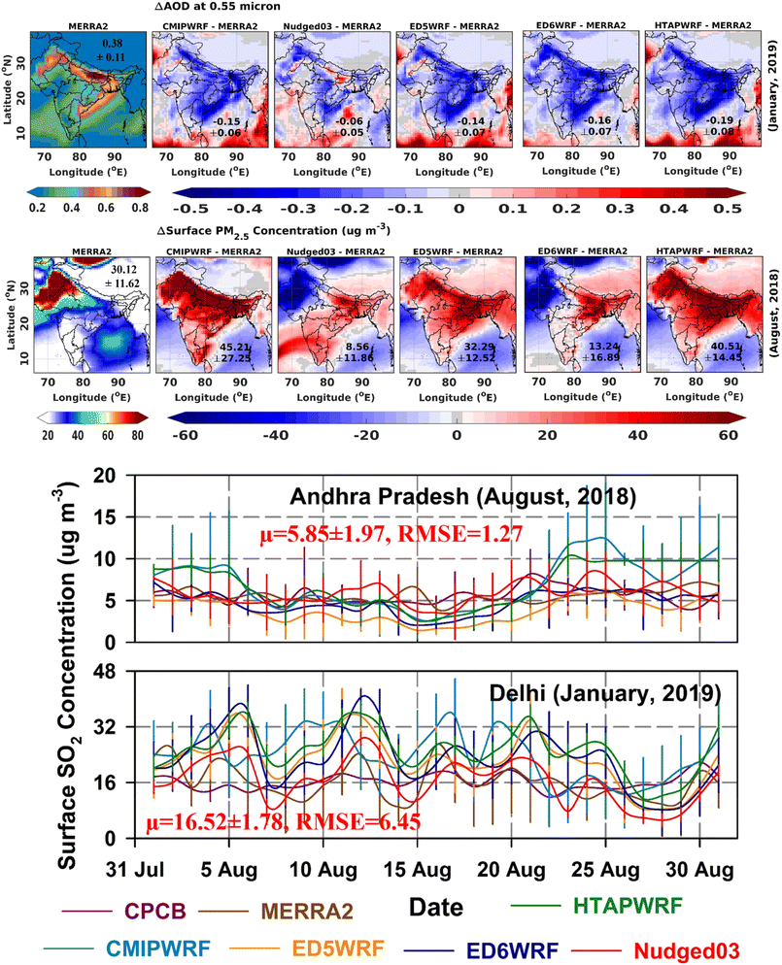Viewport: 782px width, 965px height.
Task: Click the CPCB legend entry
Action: coord(152,912)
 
